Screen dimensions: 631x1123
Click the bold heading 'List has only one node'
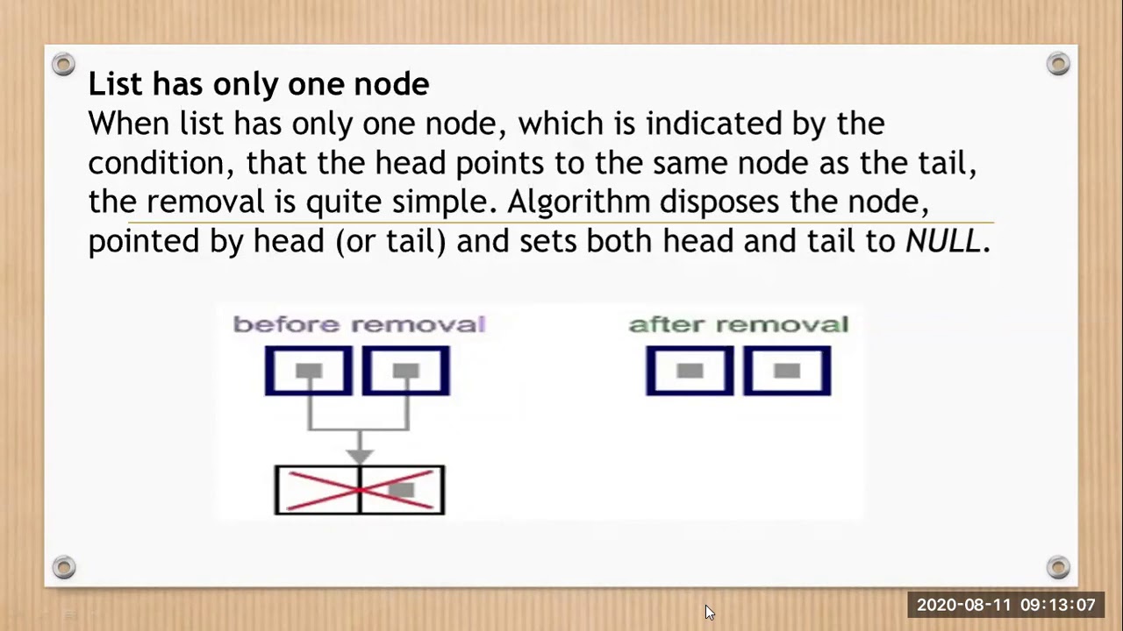[x=258, y=84]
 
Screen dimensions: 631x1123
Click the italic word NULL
[x=942, y=241]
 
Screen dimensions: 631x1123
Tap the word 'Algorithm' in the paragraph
[x=578, y=202]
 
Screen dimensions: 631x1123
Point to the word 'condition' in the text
[x=143, y=163]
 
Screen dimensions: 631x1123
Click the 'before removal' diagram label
[x=359, y=324]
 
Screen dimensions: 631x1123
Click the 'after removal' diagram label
[x=739, y=324]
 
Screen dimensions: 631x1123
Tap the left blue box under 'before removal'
[x=309, y=371]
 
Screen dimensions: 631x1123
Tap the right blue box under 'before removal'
[x=406, y=371]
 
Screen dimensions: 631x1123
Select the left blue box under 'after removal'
[x=690, y=371]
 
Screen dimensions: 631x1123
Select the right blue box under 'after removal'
[x=787, y=371]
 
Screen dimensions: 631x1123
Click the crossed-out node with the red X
[x=360, y=490]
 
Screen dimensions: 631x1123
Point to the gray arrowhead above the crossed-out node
[x=359, y=455]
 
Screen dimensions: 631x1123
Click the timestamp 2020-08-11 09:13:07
[x=1005, y=605]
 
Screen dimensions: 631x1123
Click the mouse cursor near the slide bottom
[x=709, y=612]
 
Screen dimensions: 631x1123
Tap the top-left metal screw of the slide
[x=63, y=64]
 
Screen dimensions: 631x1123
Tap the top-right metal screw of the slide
[x=1058, y=64]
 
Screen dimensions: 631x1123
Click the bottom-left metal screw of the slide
[x=63, y=567]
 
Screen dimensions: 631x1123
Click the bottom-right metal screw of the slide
[x=1058, y=567]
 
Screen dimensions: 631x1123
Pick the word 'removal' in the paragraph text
[x=204, y=202]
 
